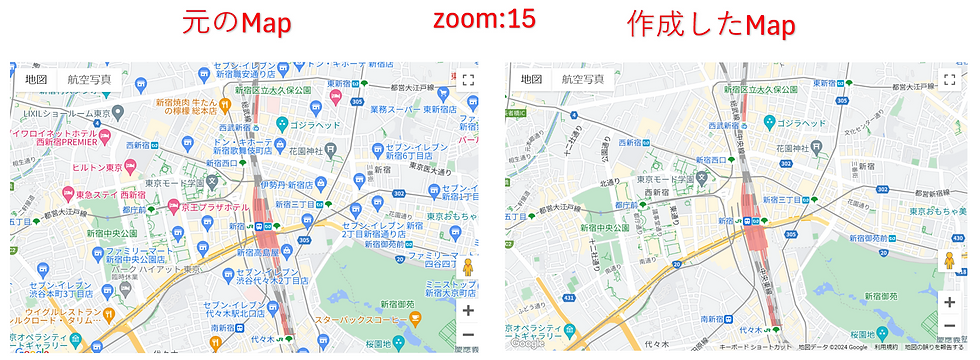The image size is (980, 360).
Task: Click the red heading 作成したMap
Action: (711, 24)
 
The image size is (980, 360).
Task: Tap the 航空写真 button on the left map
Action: (89, 79)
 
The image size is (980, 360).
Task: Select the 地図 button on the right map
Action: (531, 79)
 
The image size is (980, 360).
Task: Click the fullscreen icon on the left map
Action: (467, 80)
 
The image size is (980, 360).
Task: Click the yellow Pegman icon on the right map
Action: (949, 262)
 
